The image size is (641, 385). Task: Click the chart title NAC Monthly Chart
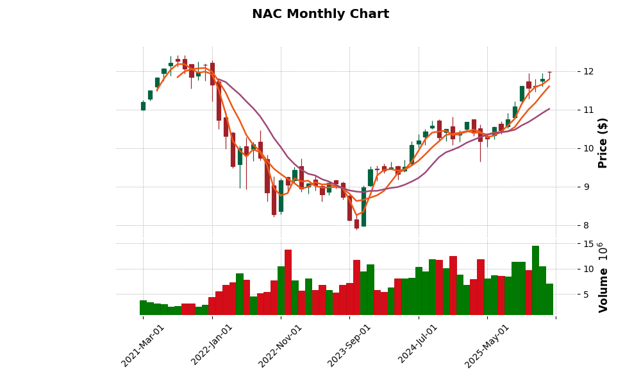point(320,14)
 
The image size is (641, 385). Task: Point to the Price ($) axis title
point(603,142)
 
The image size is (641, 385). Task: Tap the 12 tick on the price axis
point(588,71)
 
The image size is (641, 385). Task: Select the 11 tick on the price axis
point(588,110)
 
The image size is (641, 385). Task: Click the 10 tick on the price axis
point(588,148)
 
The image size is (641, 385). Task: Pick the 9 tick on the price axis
point(588,187)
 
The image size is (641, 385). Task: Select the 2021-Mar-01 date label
point(143,345)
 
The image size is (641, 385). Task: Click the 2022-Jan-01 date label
point(212,345)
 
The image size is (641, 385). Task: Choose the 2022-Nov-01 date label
point(280,345)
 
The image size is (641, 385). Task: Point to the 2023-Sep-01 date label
point(349,345)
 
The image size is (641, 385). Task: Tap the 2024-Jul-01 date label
point(418,345)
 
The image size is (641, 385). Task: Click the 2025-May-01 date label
point(487,345)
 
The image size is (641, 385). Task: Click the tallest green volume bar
point(535,280)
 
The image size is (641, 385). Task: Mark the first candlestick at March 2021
point(143,106)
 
